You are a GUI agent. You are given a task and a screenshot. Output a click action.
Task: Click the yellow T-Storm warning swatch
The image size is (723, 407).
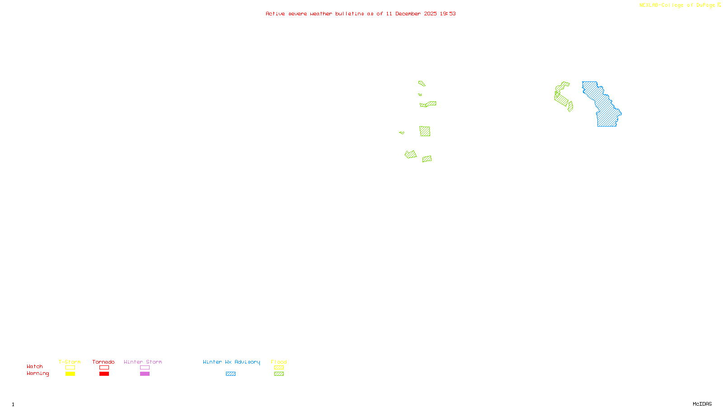click(x=70, y=374)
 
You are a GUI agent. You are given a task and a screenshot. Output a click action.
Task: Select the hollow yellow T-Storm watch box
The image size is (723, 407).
click(x=70, y=368)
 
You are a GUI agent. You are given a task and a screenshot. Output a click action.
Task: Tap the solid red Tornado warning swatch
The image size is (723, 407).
click(x=104, y=374)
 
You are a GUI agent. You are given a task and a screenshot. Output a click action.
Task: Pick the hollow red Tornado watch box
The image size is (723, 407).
click(x=104, y=368)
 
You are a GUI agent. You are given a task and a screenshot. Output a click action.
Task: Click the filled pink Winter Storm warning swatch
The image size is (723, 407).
click(x=145, y=374)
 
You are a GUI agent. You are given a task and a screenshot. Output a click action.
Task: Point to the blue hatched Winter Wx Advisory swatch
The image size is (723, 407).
click(x=230, y=374)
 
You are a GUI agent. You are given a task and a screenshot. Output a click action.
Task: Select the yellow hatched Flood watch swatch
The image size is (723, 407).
click(x=279, y=368)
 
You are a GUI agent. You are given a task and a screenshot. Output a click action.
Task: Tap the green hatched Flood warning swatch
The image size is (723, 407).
click(x=279, y=374)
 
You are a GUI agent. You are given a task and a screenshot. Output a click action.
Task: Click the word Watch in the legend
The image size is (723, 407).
click(x=35, y=367)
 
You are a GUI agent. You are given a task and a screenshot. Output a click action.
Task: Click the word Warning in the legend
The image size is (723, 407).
click(x=38, y=374)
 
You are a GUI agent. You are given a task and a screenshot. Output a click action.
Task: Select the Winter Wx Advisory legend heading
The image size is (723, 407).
click(x=231, y=362)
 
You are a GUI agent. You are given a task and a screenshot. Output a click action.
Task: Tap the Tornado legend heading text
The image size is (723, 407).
click(x=103, y=362)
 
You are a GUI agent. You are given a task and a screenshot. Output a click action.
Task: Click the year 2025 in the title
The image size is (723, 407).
click(x=430, y=14)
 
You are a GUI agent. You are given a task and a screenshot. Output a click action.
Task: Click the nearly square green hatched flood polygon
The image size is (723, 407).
click(x=425, y=131)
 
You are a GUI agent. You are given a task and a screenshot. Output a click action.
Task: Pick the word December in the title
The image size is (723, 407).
click(x=408, y=14)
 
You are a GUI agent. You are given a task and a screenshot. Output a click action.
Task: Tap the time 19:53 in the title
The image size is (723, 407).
click(x=448, y=14)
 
